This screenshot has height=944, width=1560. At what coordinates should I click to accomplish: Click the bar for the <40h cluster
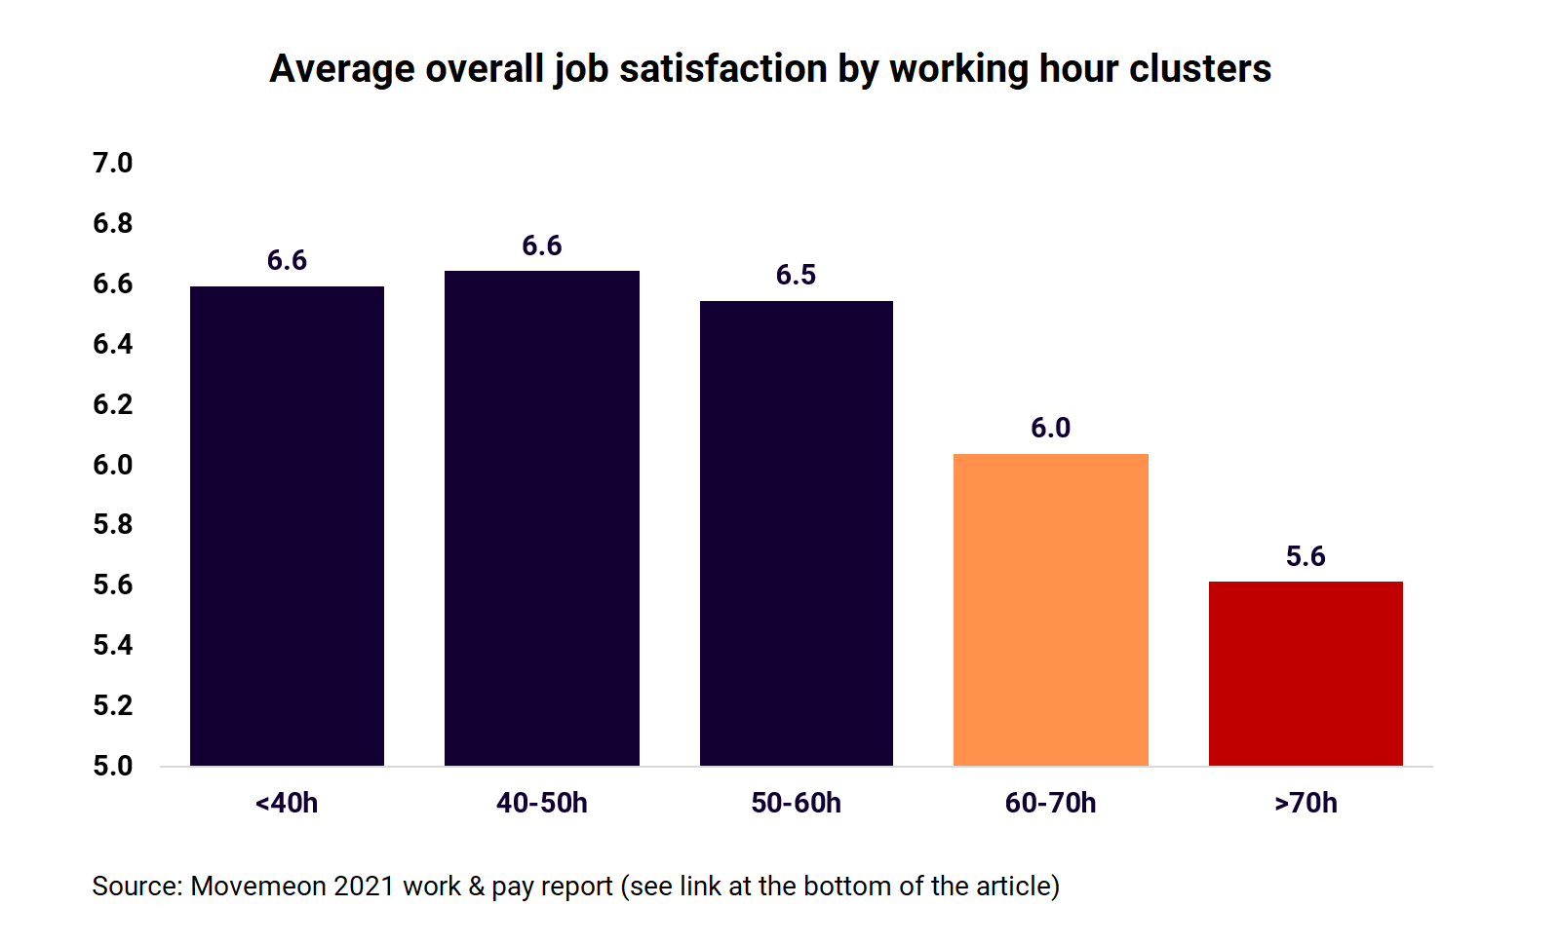tap(287, 526)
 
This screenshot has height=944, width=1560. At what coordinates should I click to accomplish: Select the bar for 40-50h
tap(542, 518)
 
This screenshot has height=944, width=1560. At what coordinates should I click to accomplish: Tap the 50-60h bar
tap(797, 533)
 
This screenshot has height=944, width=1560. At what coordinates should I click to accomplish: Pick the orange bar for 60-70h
tap(1051, 610)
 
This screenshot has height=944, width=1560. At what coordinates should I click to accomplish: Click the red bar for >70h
tap(1306, 673)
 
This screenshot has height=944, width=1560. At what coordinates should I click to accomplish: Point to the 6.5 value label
tap(796, 276)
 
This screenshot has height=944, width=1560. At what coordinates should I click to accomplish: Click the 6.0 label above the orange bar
tap(1050, 429)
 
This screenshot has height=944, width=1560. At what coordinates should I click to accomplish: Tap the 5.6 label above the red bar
tap(1306, 557)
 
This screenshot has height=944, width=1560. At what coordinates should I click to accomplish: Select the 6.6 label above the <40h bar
tap(287, 261)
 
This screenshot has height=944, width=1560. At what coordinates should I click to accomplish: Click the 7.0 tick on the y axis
tap(113, 163)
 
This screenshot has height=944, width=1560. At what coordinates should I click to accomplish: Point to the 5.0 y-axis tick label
tap(113, 766)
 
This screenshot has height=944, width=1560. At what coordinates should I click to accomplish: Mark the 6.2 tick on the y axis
tap(113, 404)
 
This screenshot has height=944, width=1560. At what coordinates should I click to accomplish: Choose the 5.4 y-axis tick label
tap(113, 645)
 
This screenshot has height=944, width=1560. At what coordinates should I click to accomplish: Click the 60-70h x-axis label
tap(1050, 804)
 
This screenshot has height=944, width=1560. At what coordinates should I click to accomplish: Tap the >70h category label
tap(1306, 804)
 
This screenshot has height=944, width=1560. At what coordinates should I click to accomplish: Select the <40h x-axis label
tap(287, 804)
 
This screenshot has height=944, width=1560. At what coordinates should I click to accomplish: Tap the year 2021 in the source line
tap(364, 887)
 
